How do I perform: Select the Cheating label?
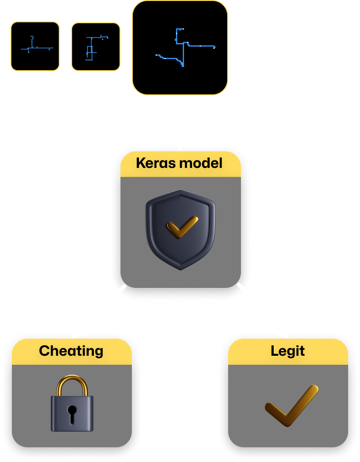pos(71,351)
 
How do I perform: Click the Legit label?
pos(287,351)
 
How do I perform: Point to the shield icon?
pos(180,230)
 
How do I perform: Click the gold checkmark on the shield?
pos(182,227)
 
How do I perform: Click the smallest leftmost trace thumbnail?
pos(35,46)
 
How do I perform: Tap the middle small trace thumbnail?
pos(96,46)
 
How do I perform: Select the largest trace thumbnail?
pos(180,47)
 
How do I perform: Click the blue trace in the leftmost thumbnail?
pos(37,48)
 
